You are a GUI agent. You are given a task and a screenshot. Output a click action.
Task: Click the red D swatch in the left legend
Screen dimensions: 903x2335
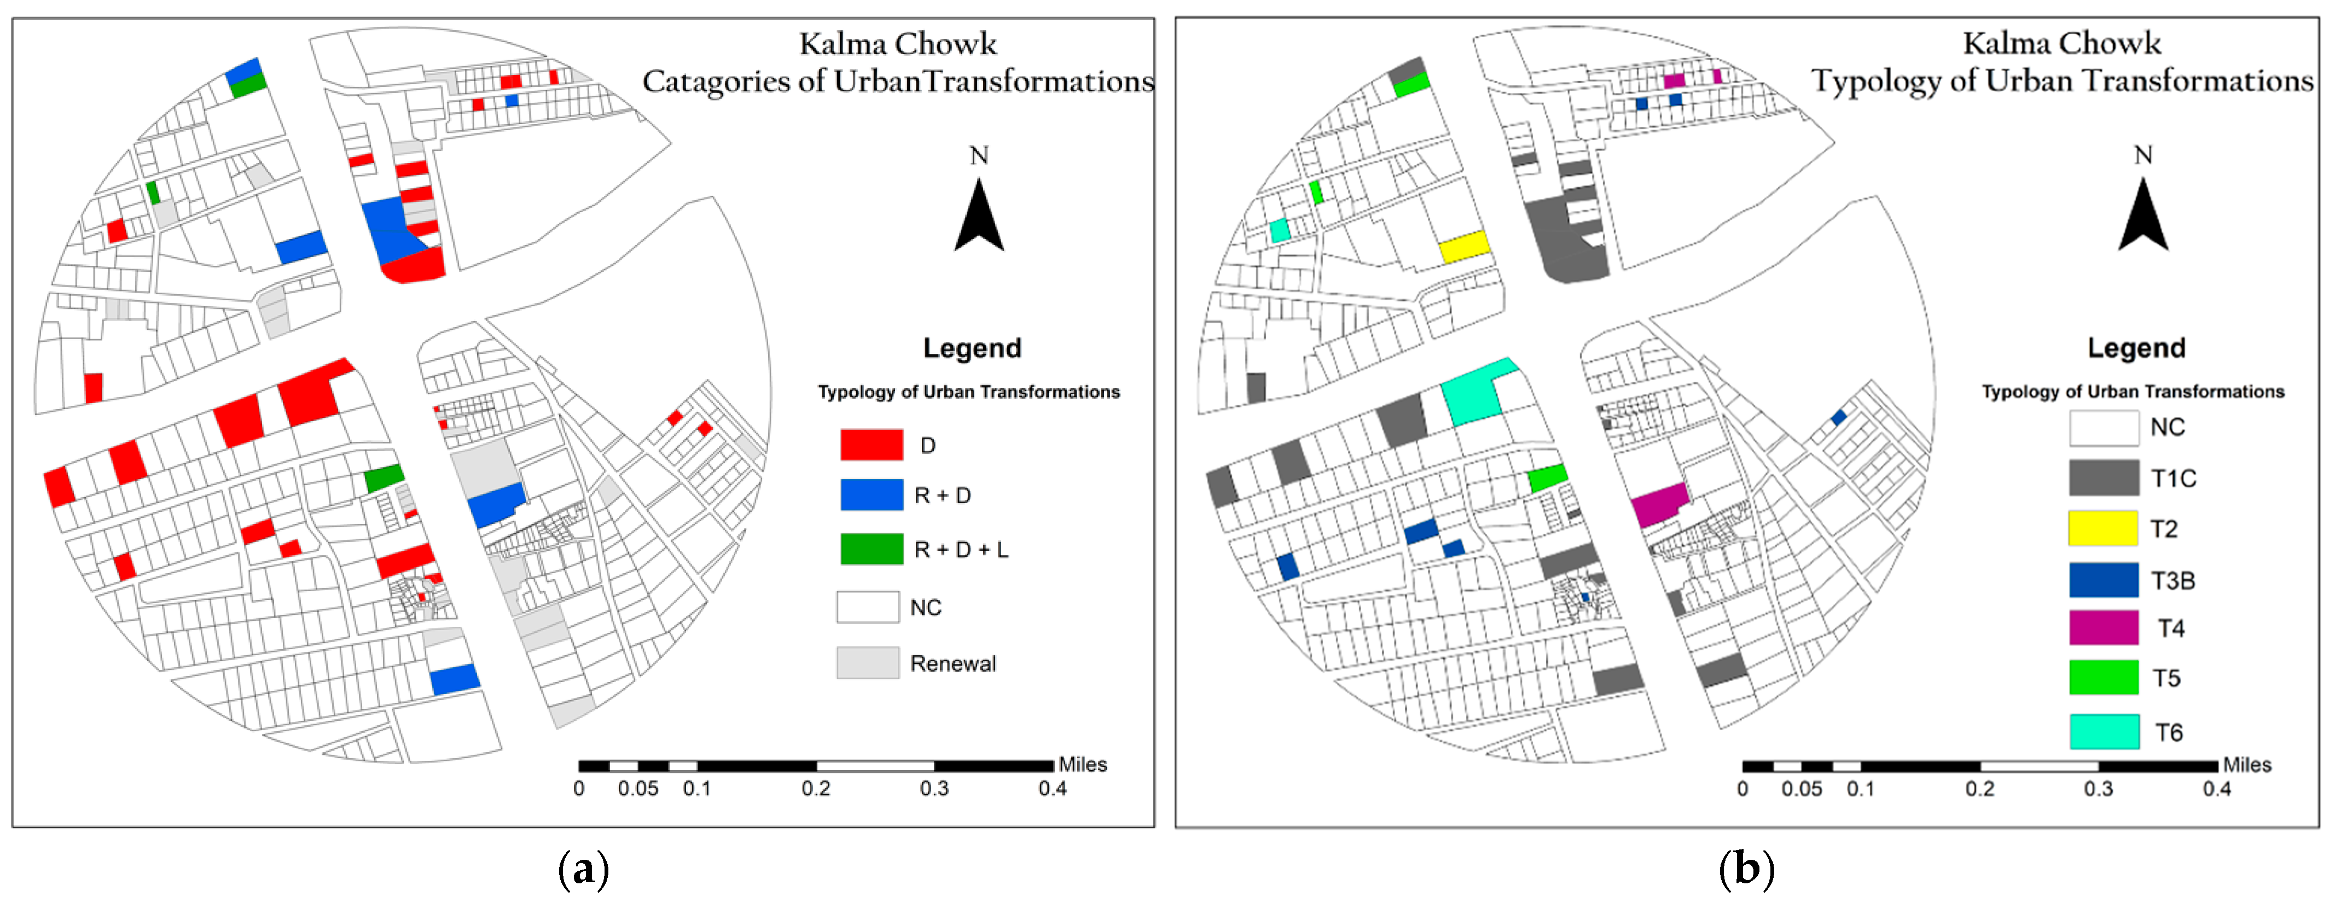(870, 444)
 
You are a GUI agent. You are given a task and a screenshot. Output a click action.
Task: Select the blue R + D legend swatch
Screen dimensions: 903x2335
(870, 495)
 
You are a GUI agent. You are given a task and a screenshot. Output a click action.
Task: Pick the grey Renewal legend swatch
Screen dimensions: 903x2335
(868, 663)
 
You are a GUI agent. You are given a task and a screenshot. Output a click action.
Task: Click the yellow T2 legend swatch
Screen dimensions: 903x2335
(2103, 528)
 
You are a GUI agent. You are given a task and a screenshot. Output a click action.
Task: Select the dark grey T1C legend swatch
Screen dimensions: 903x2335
(2103, 478)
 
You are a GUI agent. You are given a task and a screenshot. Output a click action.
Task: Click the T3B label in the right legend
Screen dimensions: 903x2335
(2173, 580)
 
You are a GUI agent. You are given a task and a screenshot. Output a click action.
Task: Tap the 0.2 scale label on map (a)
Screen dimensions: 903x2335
(816, 789)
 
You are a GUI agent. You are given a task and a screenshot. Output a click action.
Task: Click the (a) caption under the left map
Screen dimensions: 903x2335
(583, 870)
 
